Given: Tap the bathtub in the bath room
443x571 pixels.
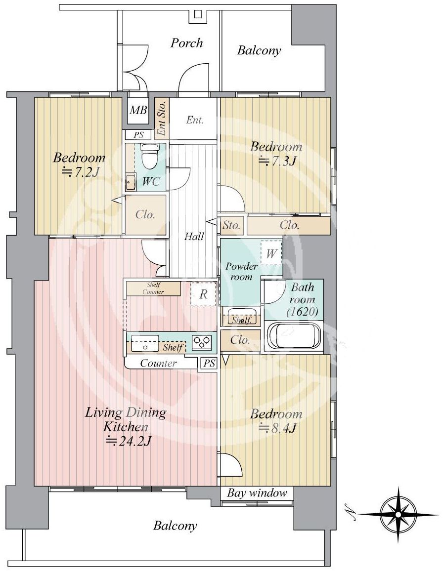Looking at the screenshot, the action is (294, 336).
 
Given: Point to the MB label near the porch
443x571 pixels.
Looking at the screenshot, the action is (138, 110).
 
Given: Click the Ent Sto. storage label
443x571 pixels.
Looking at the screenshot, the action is (161, 118).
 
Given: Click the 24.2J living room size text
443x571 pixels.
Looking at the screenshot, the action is (128, 441).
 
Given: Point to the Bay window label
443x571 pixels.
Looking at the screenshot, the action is (257, 493).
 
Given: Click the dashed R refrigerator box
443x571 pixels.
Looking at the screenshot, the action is (203, 294).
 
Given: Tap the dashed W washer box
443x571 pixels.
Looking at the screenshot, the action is (271, 253).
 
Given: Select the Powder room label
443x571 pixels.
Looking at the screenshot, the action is (241, 271).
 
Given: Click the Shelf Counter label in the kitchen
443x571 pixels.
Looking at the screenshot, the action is (153, 288).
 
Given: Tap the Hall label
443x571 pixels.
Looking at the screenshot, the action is (194, 237).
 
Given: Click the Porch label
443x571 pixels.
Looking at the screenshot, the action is (187, 43).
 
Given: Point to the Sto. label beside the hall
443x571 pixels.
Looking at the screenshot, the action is (231, 225).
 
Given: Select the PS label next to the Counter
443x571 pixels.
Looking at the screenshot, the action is (209, 364).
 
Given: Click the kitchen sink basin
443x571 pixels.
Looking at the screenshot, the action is (145, 343).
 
